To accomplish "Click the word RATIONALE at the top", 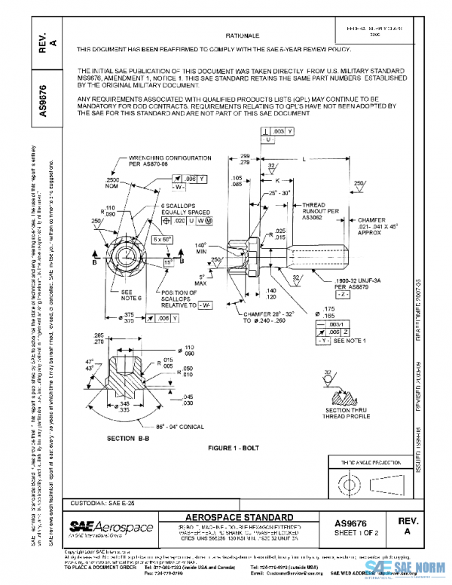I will pos(243,35).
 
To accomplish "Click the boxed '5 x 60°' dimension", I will pos(162,239).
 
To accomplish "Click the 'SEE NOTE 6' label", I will pos(110,296).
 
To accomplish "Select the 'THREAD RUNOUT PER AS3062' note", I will pos(313,210).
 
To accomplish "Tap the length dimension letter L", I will pos(303,159).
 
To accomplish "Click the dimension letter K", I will pos(277,181).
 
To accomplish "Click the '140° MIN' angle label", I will pos(201,250).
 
